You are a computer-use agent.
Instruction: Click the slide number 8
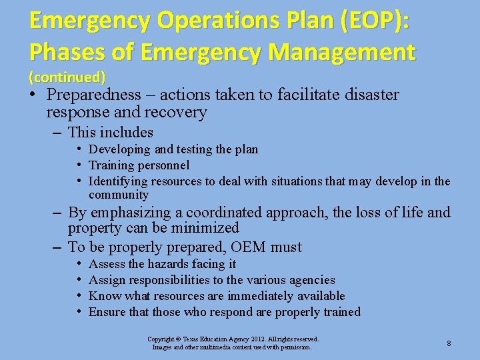coord(449,343)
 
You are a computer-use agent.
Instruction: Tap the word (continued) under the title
coord(67,76)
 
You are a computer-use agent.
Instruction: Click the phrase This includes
coord(111,133)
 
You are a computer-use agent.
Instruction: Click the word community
coord(119,195)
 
